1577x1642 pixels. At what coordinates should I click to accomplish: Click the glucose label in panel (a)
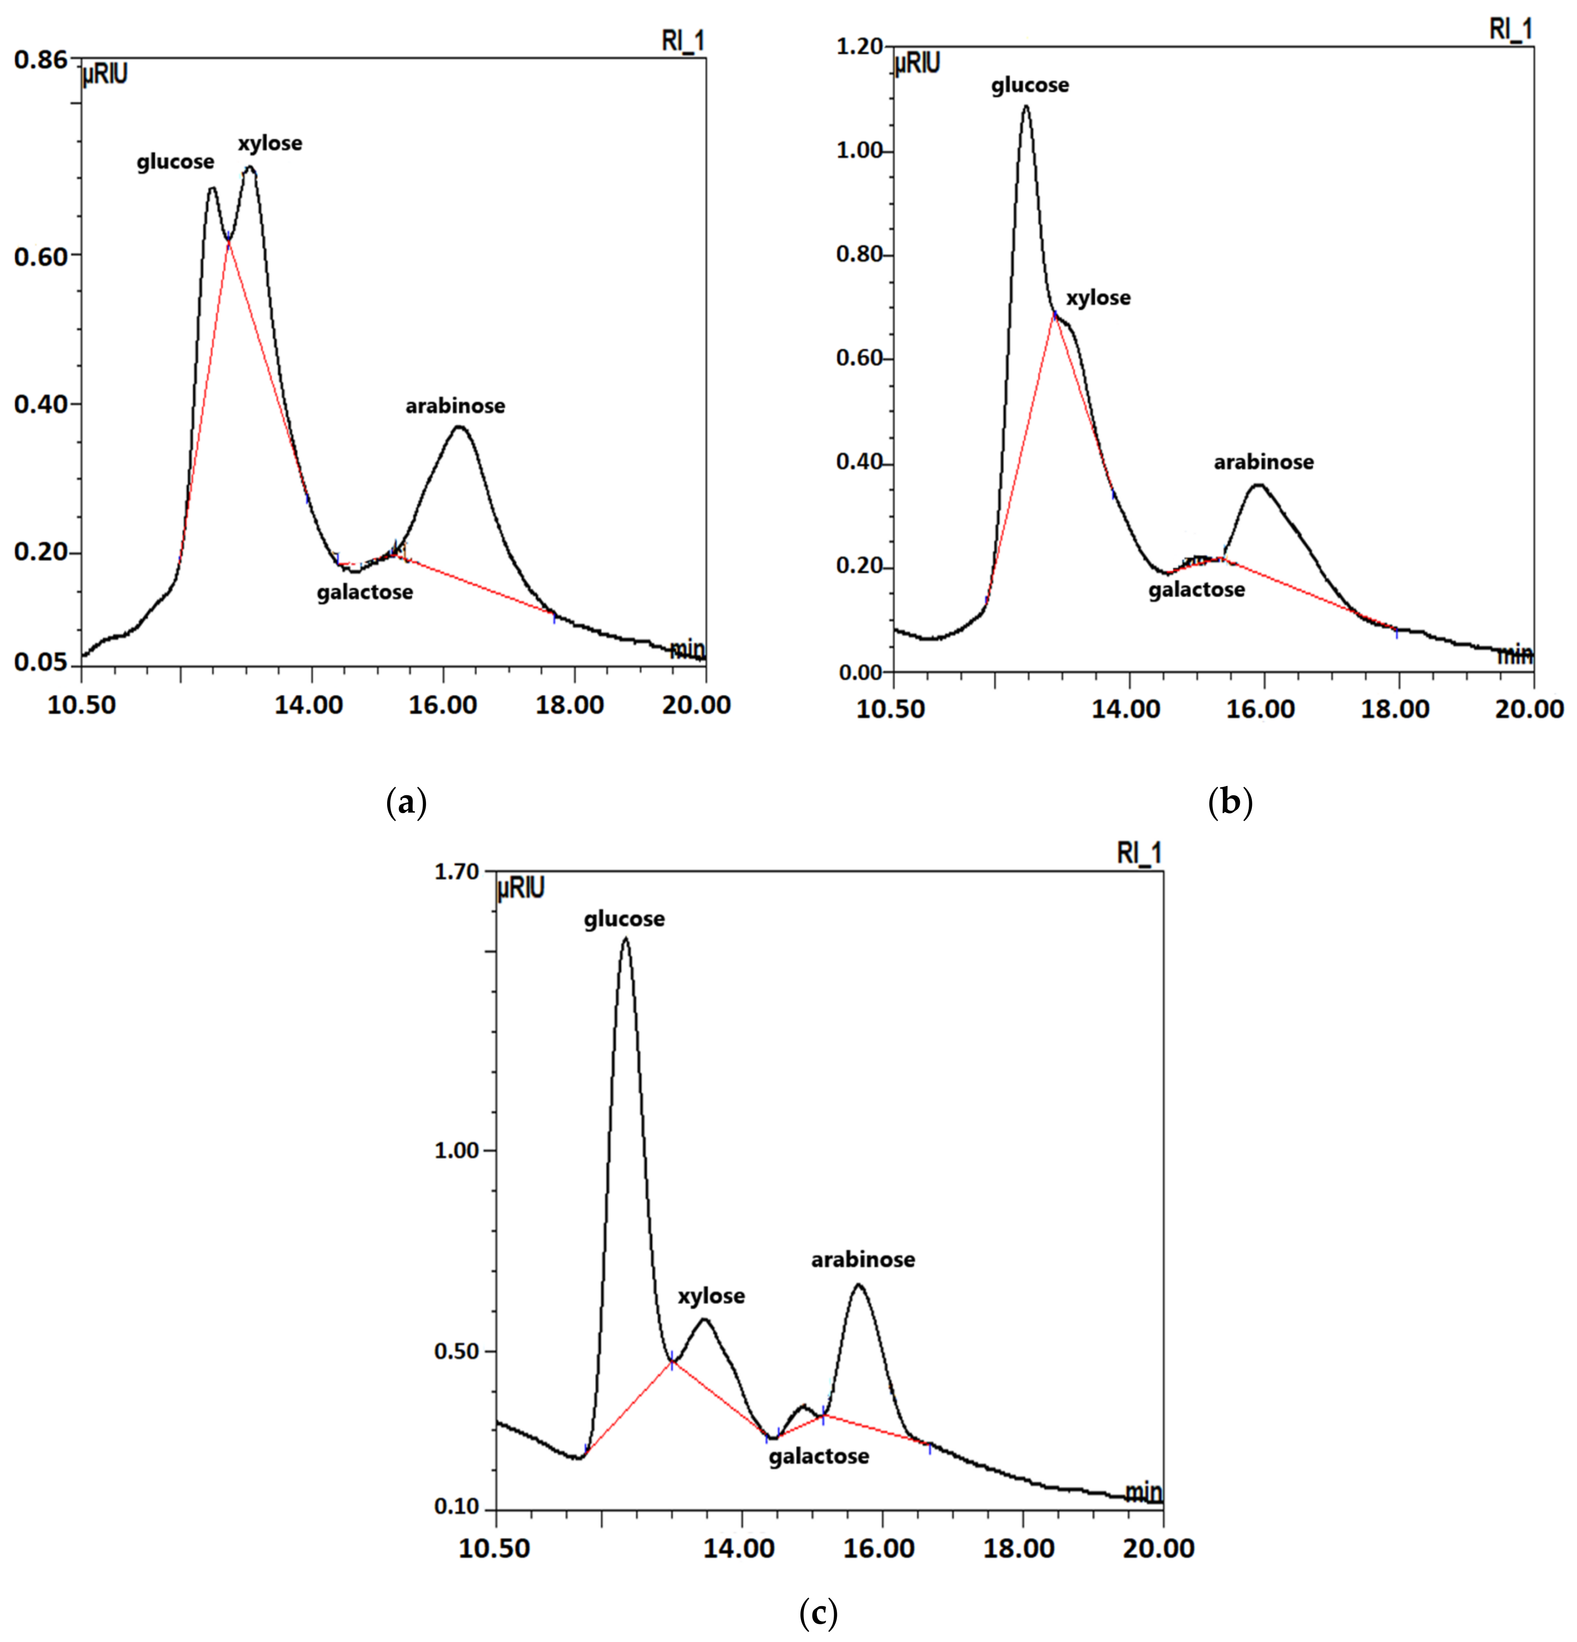click(175, 162)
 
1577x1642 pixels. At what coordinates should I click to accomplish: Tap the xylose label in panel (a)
click(270, 143)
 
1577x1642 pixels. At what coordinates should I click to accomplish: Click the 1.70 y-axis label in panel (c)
click(457, 872)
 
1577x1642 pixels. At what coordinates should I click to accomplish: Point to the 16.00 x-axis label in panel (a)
click(443, 705)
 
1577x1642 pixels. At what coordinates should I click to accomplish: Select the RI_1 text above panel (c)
click(1139, 853)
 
